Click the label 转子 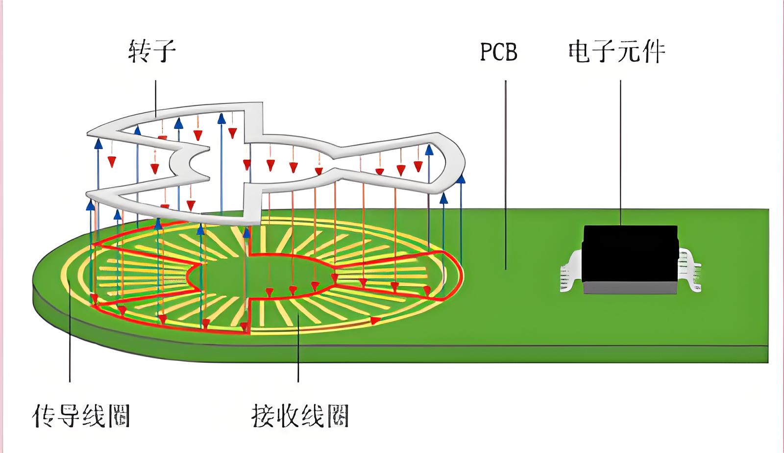[152, 51]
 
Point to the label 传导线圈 [81, 416]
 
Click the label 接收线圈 [300, 416]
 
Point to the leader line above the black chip [620, 152]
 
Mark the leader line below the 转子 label [156, 98]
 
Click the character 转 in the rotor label [139, 51]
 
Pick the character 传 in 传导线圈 [45, 416]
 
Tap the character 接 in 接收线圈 [263, 416]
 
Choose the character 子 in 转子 [164, 51]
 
